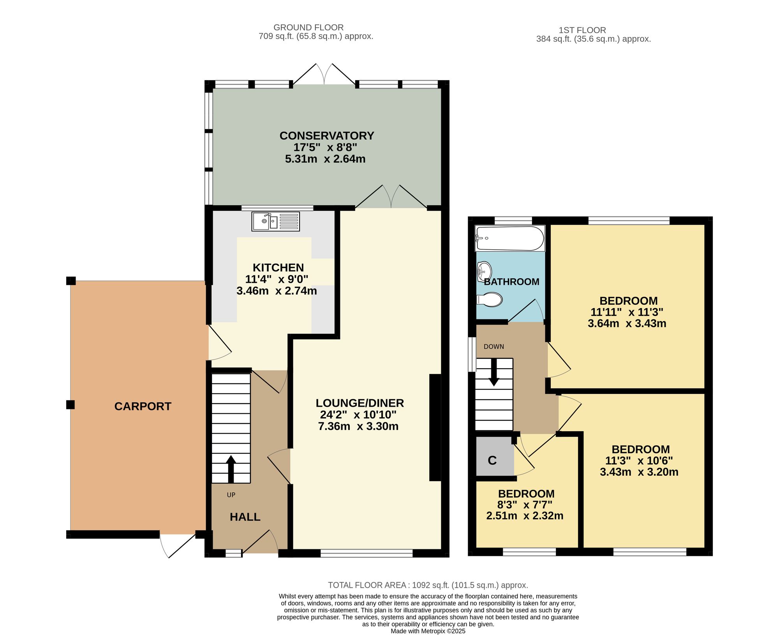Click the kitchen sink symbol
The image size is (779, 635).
coord(275,221)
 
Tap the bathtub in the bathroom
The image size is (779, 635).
coord(509,238)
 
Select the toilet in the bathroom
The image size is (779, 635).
coord(490,300)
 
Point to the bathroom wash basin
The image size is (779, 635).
coord(484,272)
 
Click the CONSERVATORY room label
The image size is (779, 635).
coord(327,136)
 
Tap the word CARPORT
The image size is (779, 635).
coord(143,406)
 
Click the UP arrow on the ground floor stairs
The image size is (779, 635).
coord(231,469)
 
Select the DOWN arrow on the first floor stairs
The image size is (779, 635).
coord(494,372)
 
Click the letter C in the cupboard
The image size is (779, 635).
coord(492,460)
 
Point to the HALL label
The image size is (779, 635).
coord(245,517)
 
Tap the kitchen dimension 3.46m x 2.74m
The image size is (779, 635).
coord(277,291)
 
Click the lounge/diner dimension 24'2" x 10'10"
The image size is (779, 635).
coord(358,415)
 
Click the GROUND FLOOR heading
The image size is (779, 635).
coord(308,28)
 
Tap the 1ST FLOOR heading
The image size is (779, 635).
coord(582,30)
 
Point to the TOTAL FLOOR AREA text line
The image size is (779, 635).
coord(428,585)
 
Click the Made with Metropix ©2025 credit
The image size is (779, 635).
coord(428,631)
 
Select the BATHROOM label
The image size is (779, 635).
coord(511,282)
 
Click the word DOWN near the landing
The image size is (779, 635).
coord(494,347)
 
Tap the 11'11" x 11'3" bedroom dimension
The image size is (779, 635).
coord(627,312)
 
